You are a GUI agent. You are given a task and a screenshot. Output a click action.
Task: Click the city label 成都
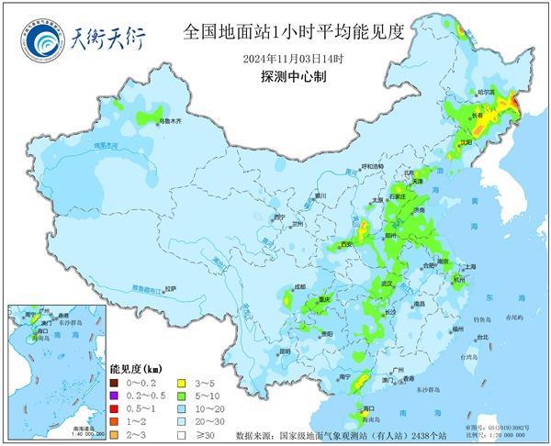pyautogui.click(x=299, y=287)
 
